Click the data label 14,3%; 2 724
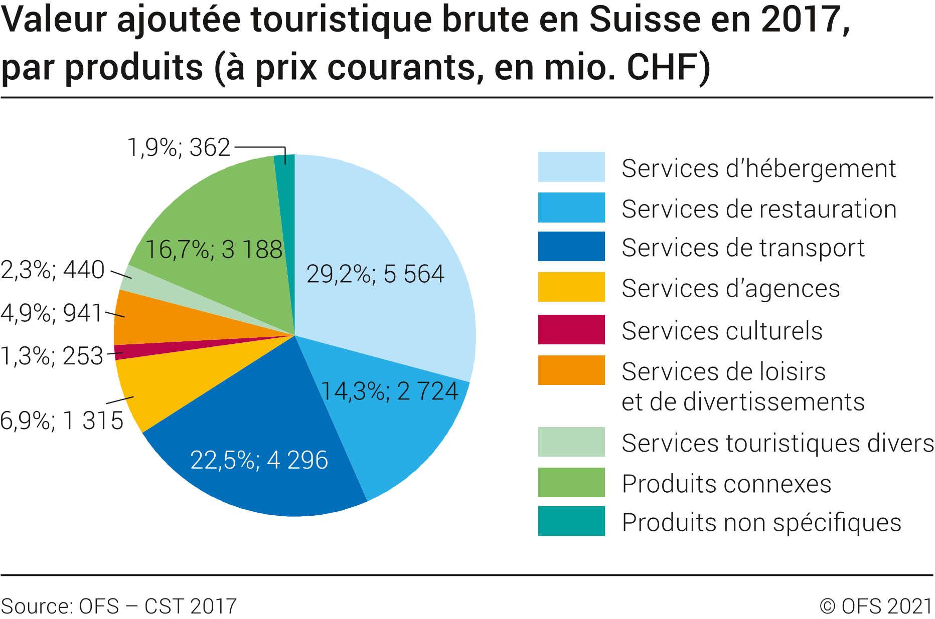pos(389,391)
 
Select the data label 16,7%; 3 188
pos(214,250)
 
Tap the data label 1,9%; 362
pos(179,148)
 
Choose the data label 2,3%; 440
pos(53,270)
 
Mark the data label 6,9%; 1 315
pos(62,421)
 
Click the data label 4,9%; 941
pos(52,313)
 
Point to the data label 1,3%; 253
pos(52,356)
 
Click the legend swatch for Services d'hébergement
pos(571,167)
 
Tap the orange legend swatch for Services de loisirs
pos(571,370)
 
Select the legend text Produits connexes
pos(726,484)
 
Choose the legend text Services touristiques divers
pos(777,444)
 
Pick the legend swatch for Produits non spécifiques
pos(571,521)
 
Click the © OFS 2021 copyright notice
pos(875,606)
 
